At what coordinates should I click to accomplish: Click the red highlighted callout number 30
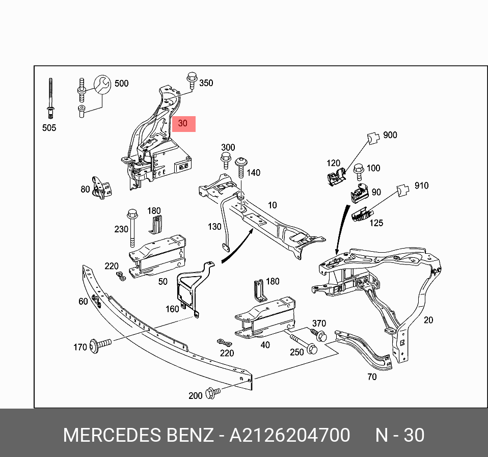pos(183,123)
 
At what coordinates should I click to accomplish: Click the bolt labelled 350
pos(192,82)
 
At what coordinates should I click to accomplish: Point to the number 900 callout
pos(390,136)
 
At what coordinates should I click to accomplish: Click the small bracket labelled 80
pos(101,188)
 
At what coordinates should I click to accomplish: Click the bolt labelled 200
pos(212,393)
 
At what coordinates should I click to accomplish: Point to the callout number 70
pos(372,377)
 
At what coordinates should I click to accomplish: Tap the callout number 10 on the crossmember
pos(273,205)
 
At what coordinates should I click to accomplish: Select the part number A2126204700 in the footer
pos(289,436)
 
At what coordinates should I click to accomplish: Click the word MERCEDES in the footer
pos(110,436)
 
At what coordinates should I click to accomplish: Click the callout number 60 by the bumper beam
pos(84,302)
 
